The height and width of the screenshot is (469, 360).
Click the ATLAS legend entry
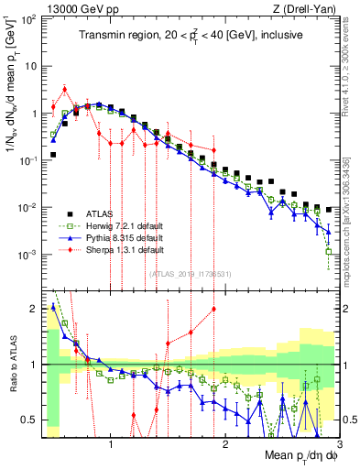(x=101, y=212)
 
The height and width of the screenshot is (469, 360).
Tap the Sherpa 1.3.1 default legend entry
(x=116, y=250)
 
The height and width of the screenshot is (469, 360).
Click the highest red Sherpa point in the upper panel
(x=64, y=89)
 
